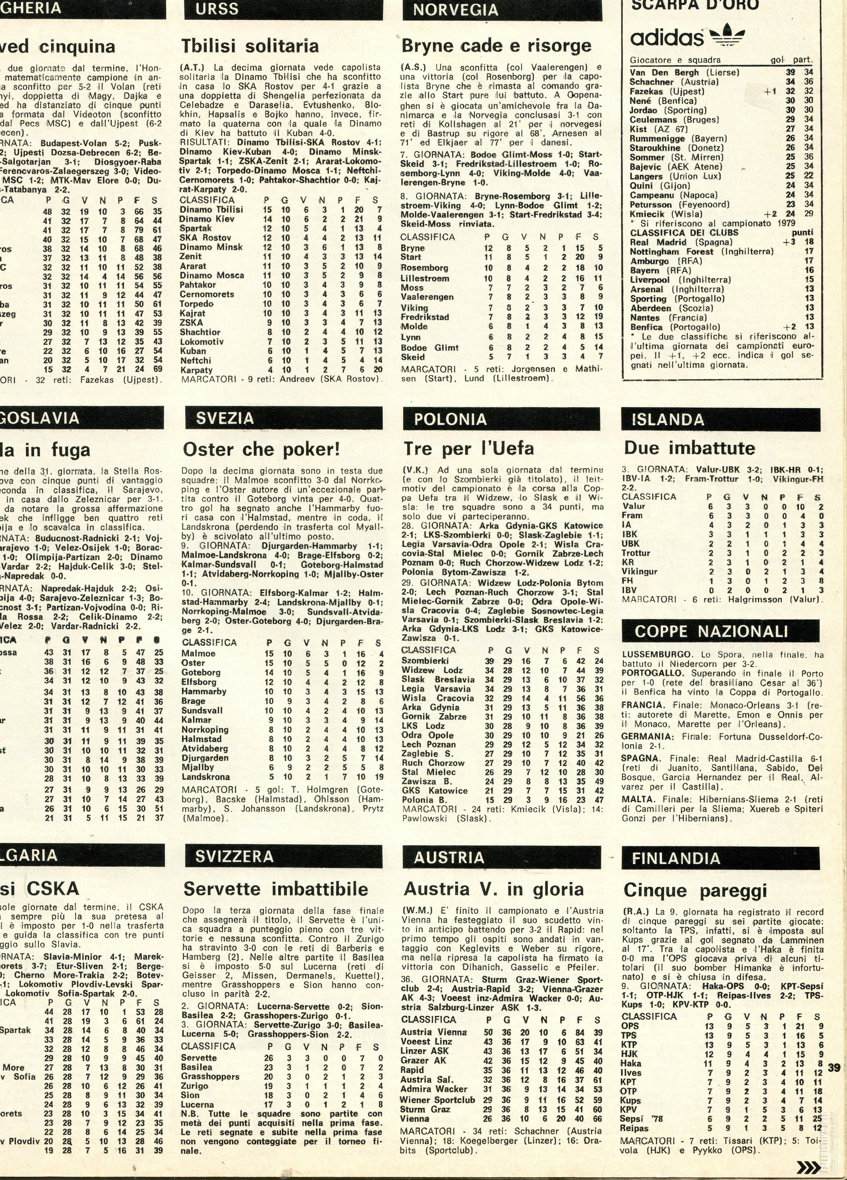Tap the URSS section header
point(217,9)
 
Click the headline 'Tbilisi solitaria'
point(250,46)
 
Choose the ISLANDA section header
point(668,419)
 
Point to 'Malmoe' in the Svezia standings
point(198,654)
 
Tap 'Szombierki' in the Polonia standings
point(425,661)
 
